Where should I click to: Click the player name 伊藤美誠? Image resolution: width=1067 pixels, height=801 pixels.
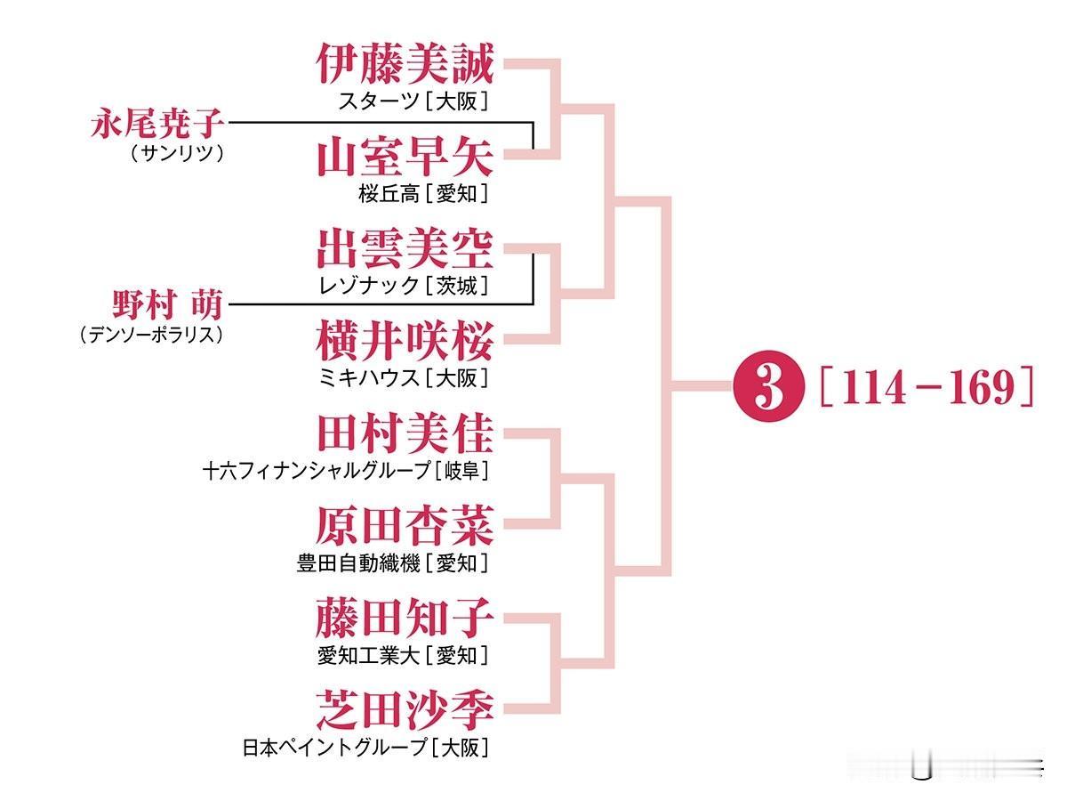[x=405, y=65]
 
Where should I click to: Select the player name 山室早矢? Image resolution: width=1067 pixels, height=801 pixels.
[x=405, y=158]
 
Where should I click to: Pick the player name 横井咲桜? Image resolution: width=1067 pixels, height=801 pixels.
[x=405, y=341]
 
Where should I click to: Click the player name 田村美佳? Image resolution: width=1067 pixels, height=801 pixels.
[x=405, y=433]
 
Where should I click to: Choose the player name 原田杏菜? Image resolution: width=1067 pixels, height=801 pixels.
[x=405, y=525]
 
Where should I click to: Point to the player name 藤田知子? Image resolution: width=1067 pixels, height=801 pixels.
[x=405, y=618]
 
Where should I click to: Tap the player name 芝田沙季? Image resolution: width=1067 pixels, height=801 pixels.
[x=405, y=709]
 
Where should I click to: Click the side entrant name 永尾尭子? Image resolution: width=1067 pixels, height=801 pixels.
[x=157, y=123]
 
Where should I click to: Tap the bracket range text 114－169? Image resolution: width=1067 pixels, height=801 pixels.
[x=925, y=388]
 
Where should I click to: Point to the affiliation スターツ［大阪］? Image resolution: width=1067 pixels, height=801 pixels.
[x=413, y=101]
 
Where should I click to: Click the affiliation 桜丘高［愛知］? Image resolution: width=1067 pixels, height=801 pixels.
[x=422, y=193]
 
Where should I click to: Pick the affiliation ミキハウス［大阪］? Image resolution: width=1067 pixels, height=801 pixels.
[x=404, y=377]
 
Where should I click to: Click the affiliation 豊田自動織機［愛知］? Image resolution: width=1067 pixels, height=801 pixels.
[x=392, y=562]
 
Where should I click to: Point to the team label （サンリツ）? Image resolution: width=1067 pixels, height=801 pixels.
[x=177, y=153]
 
